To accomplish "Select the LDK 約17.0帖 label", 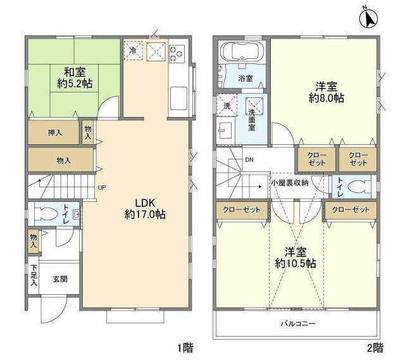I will [x=145, y=209].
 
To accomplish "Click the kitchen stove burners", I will [x=175, y=51].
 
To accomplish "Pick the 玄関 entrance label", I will [x=60, y=278].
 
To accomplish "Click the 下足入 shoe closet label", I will [x=34, y=276].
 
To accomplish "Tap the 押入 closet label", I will [x=55, y=132].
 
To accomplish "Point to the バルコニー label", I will [x=298, y=323].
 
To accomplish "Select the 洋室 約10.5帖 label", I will [x=296, y=258].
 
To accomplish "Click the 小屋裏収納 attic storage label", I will [x=289, y=183].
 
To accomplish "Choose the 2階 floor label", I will [x=375, y=347].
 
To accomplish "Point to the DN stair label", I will [x=251, y=159].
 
